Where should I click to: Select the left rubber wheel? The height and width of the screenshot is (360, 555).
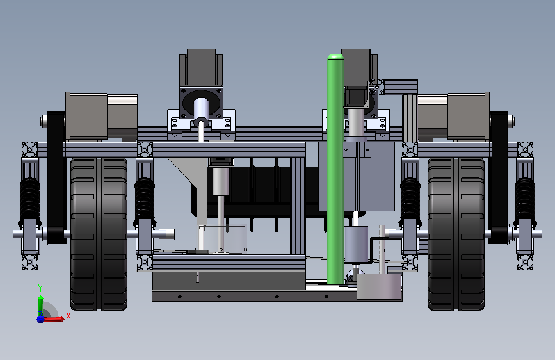coord(99,234)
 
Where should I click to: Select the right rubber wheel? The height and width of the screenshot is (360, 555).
coord(456,234)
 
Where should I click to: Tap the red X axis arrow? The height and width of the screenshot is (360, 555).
coord(54,319)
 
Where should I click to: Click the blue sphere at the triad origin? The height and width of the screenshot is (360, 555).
coord(40,319)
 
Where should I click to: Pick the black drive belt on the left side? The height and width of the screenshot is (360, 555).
coord(56,178)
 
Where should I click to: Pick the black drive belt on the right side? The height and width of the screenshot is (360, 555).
coord(499,178)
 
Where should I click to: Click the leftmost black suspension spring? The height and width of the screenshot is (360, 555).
coord(29,201)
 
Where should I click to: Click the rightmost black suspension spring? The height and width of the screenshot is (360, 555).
coord(525,201)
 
